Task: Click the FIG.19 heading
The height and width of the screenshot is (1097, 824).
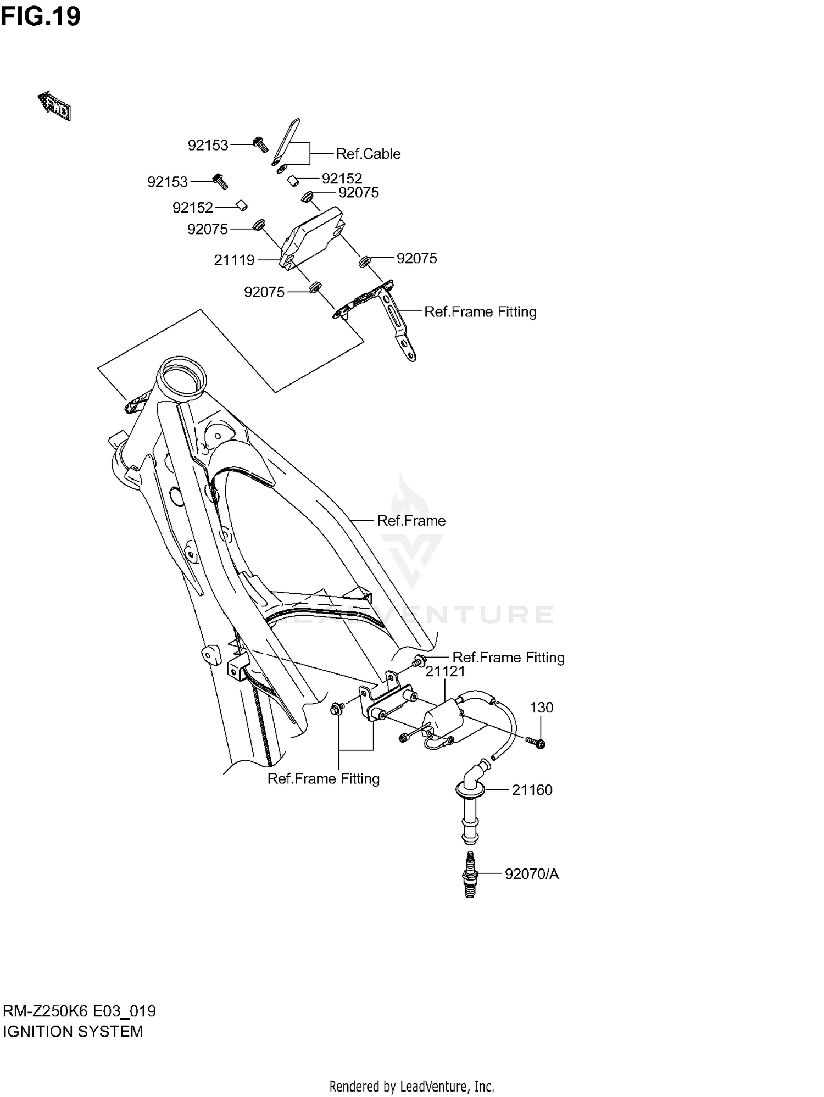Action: [41, 17]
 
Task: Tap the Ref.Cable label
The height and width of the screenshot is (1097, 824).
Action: [368, 154]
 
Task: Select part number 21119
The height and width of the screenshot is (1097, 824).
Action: [235, 260]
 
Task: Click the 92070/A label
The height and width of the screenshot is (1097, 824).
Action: [532, 874]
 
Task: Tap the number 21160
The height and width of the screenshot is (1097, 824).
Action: [532, 790]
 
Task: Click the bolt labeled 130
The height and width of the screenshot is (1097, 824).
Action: [536, 743]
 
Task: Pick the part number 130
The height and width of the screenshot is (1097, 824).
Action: [541, 708]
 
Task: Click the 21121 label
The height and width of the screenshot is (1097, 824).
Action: [445, 671]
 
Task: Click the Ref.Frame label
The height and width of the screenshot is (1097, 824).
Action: [411, 521]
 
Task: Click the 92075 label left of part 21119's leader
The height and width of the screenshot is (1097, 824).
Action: [208, 229]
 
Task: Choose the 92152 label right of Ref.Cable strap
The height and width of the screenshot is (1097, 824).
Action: [342, 179]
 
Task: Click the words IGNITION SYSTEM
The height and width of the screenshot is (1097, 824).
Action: [73, 1032]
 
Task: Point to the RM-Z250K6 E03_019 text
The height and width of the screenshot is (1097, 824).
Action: [80, 1011]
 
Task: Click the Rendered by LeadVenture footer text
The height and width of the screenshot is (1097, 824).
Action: [411, 1086]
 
